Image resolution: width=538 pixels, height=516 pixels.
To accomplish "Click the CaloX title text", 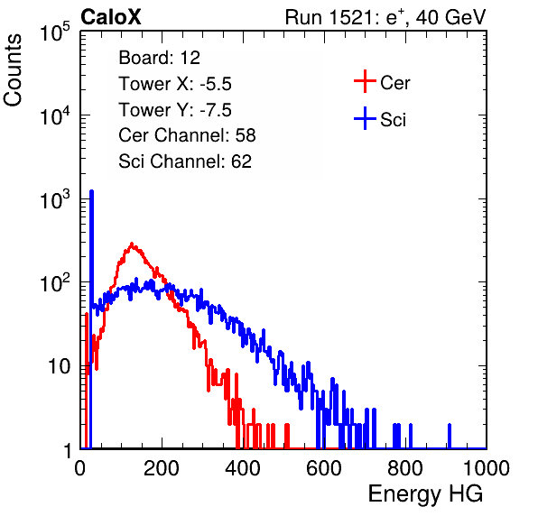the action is point(110,17).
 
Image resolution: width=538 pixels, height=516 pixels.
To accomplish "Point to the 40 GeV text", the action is point(450,17).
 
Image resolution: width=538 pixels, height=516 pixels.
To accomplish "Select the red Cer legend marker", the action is point(365,81).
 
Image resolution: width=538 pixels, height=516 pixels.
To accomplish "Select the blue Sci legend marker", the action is point(365,118).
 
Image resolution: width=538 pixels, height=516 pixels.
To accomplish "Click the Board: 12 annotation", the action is point(159,58).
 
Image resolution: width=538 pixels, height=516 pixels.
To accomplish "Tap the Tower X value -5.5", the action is point(216,84).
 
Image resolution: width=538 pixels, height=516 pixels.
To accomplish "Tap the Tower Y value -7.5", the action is point(216,110).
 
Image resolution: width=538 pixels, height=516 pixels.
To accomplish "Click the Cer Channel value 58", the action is point(246,135).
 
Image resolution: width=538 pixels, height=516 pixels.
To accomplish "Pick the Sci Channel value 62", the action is point(241,161).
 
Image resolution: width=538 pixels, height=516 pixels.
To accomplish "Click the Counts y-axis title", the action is point(13,70).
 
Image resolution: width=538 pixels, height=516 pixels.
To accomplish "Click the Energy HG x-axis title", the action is point(425,494).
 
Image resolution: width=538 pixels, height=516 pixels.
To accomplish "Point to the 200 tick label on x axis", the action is point(162,468).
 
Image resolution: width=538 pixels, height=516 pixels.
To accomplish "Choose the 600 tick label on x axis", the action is point(324,468).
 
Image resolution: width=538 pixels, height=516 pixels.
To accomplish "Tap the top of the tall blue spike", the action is point(91,191).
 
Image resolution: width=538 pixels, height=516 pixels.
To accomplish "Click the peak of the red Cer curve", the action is point(132,244).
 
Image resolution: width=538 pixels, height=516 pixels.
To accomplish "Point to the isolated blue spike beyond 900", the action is point(450,436).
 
